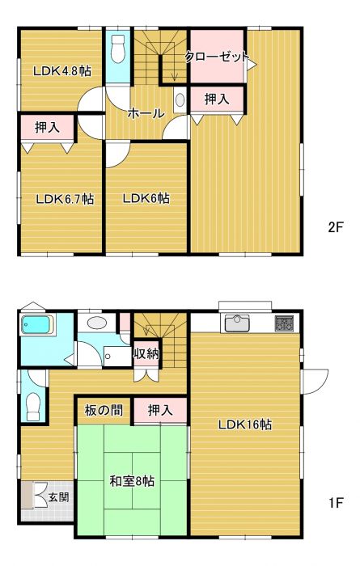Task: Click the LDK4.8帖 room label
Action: (x=61, y=71)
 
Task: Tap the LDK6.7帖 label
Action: (x=66, y=199)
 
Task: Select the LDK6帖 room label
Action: (x=146, y=198)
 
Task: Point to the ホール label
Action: (x=146, y=113)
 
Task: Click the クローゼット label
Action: (x=218, y=57)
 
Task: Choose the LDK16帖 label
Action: (x=245, y=424)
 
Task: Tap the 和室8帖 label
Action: (x=132, y=481)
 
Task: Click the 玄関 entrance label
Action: (x=59, y=497)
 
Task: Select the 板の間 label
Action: (x=104, y=410)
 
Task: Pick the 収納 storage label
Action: (x=146, y=353)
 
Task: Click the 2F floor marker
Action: (x=336, y=227)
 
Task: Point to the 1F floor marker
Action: (x=336, y=502)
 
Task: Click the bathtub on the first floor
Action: (x=37, y=324)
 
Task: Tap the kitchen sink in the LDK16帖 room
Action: (x=237, y=323)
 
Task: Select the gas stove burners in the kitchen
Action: (x=284, y=323)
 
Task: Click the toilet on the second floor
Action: (x=118, y=49)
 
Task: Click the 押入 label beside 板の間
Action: (x=160, y=410)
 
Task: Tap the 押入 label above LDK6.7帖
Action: (x=47, y=127)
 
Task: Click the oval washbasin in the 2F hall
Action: (x=180, y=100)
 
